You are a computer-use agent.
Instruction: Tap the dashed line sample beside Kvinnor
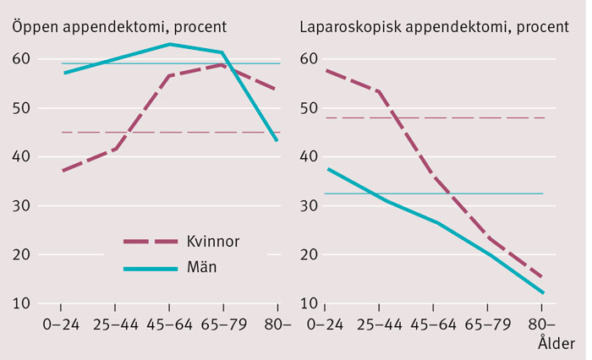pyautogui.click(x=149, y=242)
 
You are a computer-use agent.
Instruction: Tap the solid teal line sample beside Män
pyautogui.click(x=149, y=268)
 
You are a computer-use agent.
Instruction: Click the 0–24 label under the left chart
pyautogui.click(x=62, y=325)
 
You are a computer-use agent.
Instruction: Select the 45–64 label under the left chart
pyautogui.click(x=169, y=325)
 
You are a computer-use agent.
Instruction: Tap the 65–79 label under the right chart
pyautogui.click(x=488, y=325)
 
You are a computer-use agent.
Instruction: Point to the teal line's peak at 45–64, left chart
pyautogui.click(x=169, y=44)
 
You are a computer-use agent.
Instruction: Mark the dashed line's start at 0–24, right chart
pyautogui.click(x=326, y=70)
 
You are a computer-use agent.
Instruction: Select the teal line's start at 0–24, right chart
pyautogui.click(x=326, y=169)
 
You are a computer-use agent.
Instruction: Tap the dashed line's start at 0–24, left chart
pyautogui.click(x=62, y=171)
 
